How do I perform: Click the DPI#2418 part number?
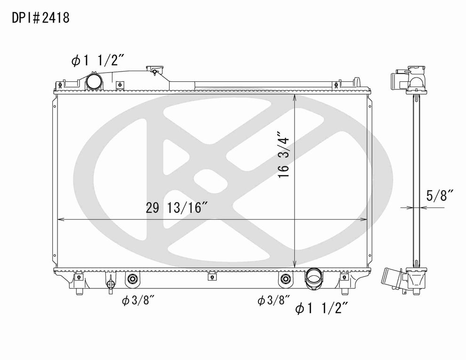(x=40, y=17)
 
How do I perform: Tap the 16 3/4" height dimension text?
(x=283, y=154)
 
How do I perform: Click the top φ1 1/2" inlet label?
(x=97, y=61)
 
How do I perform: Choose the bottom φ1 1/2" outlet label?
(x=321, y=309)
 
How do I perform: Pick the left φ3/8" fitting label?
(x=137, y=301)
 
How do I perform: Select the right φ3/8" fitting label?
(x=273, y=301)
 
